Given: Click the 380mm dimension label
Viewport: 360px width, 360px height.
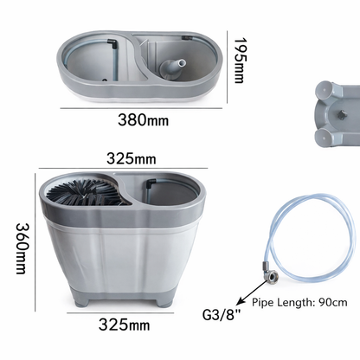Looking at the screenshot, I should [x=143, y=119].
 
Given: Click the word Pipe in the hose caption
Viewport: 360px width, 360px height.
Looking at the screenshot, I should [x=266, y=304].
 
